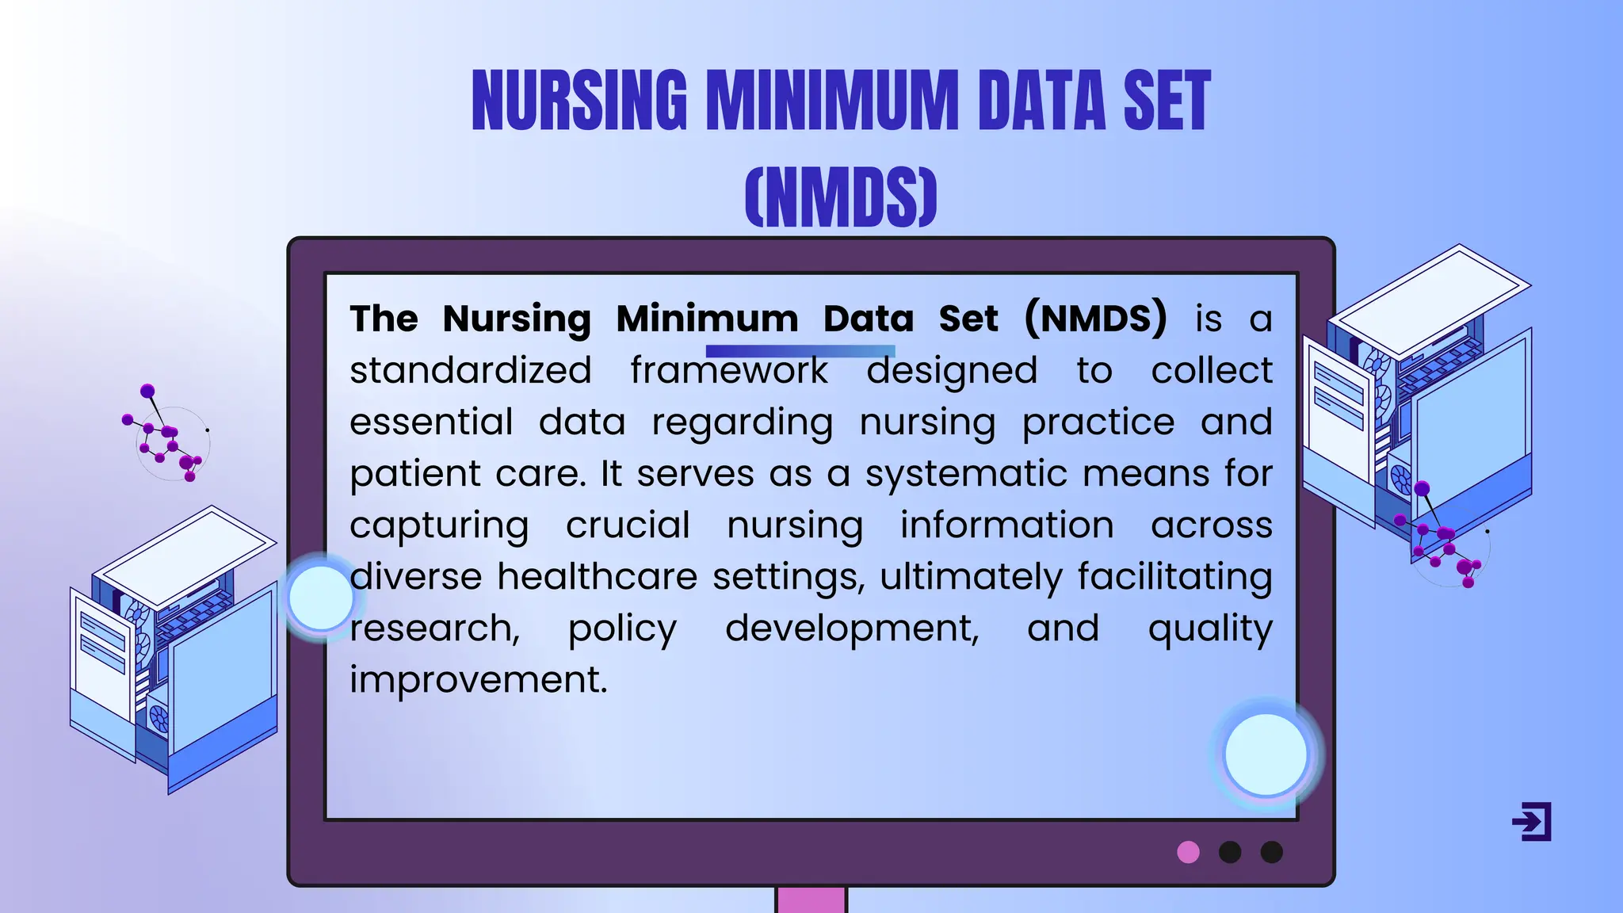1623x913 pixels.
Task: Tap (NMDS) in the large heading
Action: pos(841,197)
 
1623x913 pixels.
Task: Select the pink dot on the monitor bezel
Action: pos(1188,852)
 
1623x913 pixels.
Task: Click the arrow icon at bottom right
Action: pos(1532,822)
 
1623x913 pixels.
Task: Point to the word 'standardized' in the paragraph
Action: pos(471,371)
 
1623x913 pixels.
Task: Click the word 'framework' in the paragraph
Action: pos(728,371)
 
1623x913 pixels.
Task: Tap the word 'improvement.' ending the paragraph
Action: pos(479,680)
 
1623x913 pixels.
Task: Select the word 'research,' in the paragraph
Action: pos(435,628)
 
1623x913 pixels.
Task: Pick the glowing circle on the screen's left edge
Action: pos(320,598)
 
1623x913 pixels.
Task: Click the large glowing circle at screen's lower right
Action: pos(1266,754)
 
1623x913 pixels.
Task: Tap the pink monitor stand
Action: pos(811,900)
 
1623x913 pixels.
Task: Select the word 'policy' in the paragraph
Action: pos(623,628)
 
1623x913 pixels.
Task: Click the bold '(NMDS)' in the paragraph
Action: pos(1095,319)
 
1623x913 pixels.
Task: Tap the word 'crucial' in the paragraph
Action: pos(628,525)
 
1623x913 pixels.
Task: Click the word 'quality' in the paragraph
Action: pos(1210,628)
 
